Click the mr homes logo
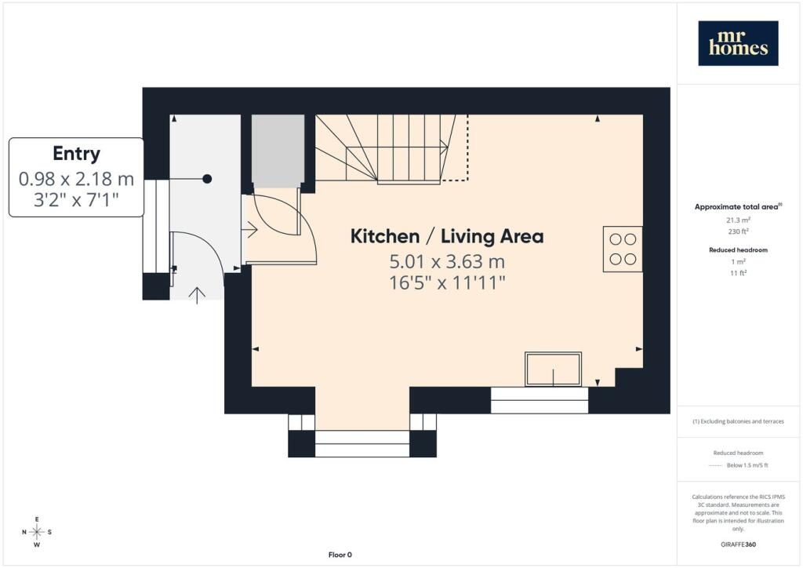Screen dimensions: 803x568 click(x=738, y=43)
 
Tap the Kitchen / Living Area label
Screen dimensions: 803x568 click(x=447, y=236)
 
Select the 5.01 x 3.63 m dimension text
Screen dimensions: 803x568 click(x=447, y=262)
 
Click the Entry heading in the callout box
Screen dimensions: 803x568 click(x=76, y=154)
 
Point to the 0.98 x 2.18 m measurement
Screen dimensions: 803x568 click(x=76, y=179)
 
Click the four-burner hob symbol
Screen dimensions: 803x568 click(x=623, y=249)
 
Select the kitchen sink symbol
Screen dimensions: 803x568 click(x=553, y=369)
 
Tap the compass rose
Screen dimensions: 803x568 click(x=37, y=532)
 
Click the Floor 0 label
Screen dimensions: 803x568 click(x=340, y=555)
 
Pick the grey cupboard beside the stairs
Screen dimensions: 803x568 click(x=278, y=151)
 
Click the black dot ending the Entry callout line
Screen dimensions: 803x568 click(x=207, y=179)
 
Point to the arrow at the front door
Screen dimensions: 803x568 click(x=197, y=296)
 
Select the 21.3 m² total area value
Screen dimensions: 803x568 click(x=738, y=220)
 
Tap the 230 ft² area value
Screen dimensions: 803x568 click(x=738, y=231)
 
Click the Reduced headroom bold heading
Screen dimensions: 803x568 click(x=738, y=250)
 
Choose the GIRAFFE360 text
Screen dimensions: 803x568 click(x=738, y=544)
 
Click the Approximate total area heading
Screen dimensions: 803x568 click(x=738, y=207)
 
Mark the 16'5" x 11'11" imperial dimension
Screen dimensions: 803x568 click(x=447, y=282)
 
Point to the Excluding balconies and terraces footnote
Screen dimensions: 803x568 click(x=738, y=421)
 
